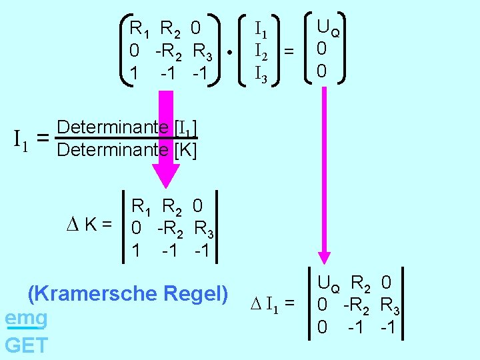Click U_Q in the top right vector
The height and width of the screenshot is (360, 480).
[x=329, y=29]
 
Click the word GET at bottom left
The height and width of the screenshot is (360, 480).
[x=26, y=345]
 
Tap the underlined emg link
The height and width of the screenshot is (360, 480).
[x=26, y=319]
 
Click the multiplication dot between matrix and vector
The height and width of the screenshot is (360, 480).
[x=229, y=51]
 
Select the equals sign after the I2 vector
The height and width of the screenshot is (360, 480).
[x=289, y=50]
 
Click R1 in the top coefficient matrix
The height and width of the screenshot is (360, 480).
[x=142, y=29]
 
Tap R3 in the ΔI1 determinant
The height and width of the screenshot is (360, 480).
[x=390, y=307]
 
